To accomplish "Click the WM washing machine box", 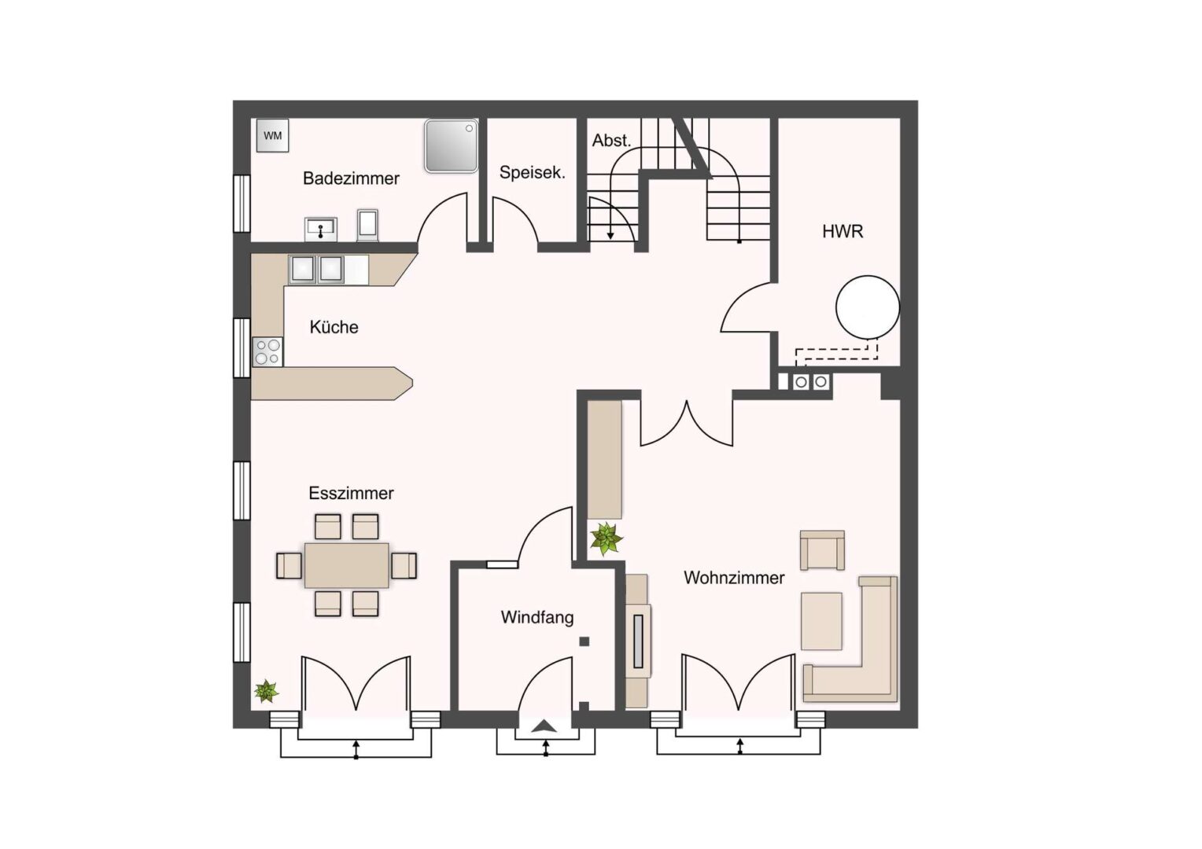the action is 273,136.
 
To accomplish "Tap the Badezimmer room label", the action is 351,178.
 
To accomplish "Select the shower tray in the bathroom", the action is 452,146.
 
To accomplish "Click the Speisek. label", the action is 533,172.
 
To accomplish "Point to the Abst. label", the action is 611,141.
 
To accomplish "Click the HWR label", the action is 843,232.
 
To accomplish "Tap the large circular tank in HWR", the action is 868,307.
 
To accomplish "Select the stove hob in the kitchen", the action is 267,352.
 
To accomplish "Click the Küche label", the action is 334,327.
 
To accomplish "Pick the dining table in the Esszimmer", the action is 347,565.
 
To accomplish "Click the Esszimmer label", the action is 351,494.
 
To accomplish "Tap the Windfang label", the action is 537,618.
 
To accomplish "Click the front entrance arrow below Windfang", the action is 544,726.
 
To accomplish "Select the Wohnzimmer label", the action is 734,578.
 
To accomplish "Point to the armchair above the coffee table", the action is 822,550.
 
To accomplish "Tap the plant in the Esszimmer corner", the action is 266,691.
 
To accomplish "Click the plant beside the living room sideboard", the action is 607,539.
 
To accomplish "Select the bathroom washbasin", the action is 321,229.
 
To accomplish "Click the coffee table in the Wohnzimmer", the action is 821,621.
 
